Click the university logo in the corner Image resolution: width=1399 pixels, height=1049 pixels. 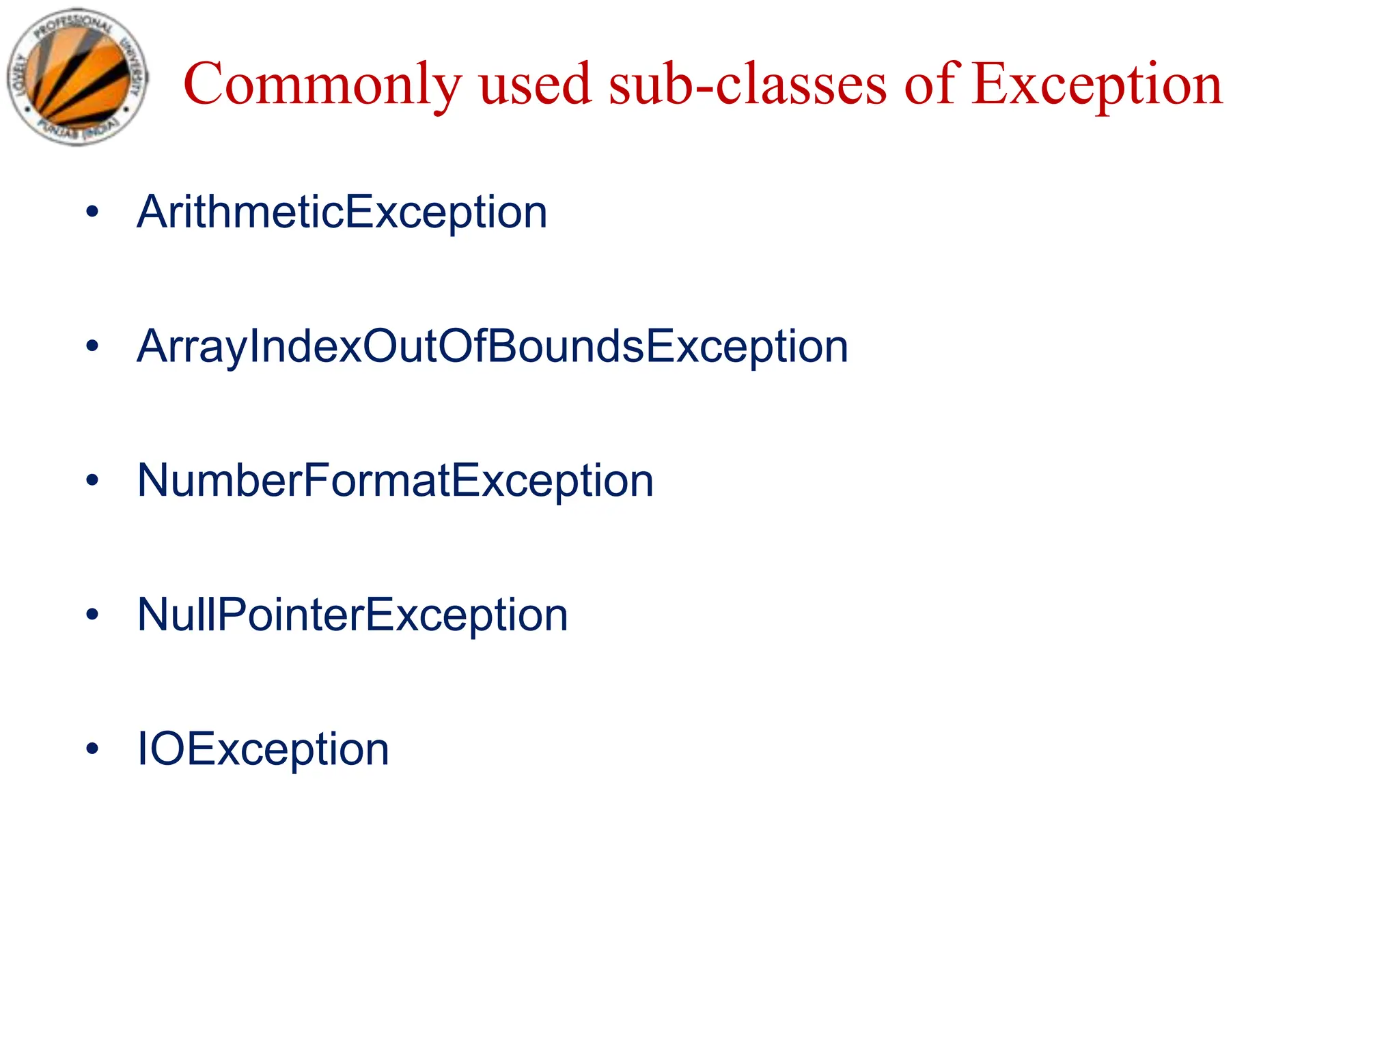tap(77, 76)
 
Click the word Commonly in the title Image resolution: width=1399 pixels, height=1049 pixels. tap(322, 85)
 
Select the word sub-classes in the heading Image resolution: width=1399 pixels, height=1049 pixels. tap(747, 85)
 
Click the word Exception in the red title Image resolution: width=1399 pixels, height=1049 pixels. tap(1097, 86)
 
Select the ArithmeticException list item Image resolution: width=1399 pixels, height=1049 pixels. tap(342, 212)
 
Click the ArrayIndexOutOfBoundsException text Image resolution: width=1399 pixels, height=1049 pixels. tap(492, 347)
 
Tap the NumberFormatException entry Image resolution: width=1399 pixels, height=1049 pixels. tap(395, 481)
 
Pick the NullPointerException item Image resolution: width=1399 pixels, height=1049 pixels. tap(352, 615)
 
